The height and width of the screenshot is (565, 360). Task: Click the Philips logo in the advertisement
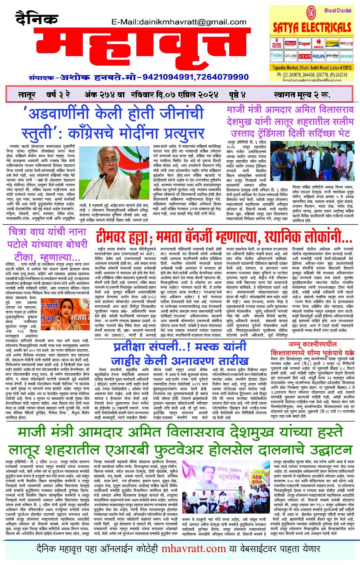(318, 56)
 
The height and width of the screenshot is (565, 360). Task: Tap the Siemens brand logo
(346, 56)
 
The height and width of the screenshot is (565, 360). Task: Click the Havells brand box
(318, 44)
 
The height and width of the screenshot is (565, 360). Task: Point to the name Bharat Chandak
(338, 10)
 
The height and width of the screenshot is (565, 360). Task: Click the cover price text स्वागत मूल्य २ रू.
(302, 94)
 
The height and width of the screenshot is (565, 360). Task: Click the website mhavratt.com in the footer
(194, 549)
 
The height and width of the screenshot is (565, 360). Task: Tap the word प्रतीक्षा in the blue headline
(134, 347)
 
